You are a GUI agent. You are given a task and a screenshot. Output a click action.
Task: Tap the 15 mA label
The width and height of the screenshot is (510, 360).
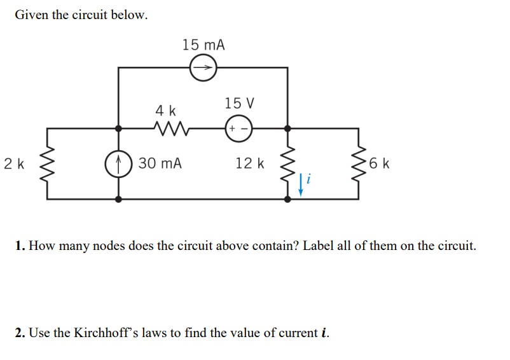[x=203, y=45]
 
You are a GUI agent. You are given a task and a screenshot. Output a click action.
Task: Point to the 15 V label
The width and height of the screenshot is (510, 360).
[x=239, y=103]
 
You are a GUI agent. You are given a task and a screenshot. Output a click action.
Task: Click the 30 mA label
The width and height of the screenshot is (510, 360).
[x=160, y=163]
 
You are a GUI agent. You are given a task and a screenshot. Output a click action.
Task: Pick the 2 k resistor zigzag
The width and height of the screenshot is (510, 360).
[x=47, y=163]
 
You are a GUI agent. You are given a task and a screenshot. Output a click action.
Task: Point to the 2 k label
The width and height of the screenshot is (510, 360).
[x=14, y=163]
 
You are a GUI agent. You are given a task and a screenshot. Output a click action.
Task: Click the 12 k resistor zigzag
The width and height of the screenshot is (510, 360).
[x=288, y=163]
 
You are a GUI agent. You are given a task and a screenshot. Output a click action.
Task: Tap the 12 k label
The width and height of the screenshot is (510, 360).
[x=249, y=163]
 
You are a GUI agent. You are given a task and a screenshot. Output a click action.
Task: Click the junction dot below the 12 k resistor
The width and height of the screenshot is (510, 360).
[x=288, y=198]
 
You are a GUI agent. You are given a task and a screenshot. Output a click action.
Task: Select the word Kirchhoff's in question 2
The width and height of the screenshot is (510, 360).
[x=102, y=333]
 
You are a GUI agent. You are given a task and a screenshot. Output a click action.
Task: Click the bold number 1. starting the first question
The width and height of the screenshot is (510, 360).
[x=20, y=246]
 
